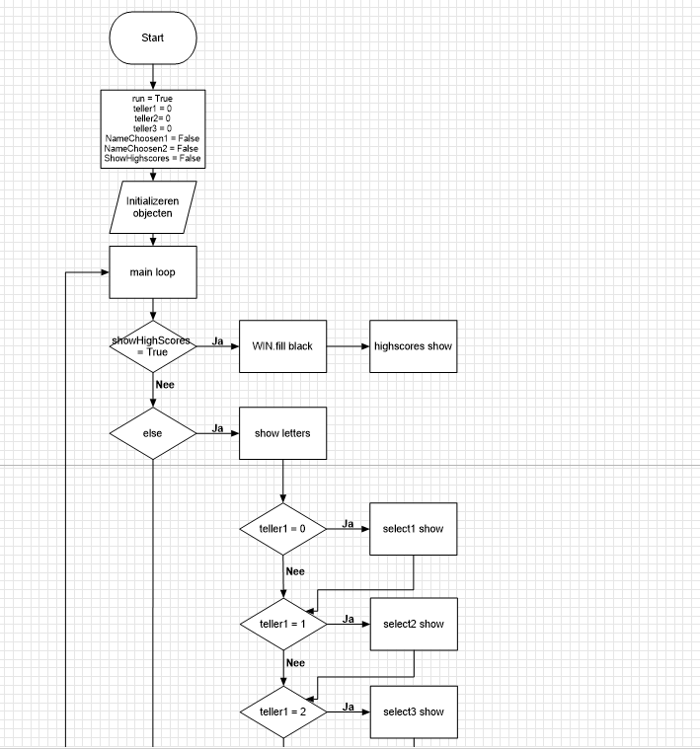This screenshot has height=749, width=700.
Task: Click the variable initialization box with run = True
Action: point(153,128)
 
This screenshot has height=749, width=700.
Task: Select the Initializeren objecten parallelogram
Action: point(153,207)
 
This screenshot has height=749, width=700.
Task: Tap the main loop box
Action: point(153,271)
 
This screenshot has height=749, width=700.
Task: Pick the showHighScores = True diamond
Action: point(153,346)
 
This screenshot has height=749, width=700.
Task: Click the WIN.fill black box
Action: point(282,346)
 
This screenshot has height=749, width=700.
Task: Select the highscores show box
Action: point(413,346)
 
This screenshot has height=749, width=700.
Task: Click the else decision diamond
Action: point(153,431)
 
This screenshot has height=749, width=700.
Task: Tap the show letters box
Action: point(282,431)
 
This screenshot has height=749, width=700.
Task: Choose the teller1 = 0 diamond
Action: point(283,529)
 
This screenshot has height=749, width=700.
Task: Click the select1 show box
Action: point(413,529)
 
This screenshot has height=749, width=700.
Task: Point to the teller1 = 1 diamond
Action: point(283,624)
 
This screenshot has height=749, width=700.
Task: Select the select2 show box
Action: point(413,624)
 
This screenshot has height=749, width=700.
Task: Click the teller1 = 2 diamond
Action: point(283,712)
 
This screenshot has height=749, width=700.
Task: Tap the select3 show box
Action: point(413,712)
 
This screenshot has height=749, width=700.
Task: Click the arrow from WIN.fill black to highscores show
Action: point(348,346)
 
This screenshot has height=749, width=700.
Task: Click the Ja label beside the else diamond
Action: point(217,428)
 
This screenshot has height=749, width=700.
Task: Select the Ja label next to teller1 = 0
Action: point(348,524)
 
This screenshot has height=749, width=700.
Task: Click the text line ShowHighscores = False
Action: point(153,159)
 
